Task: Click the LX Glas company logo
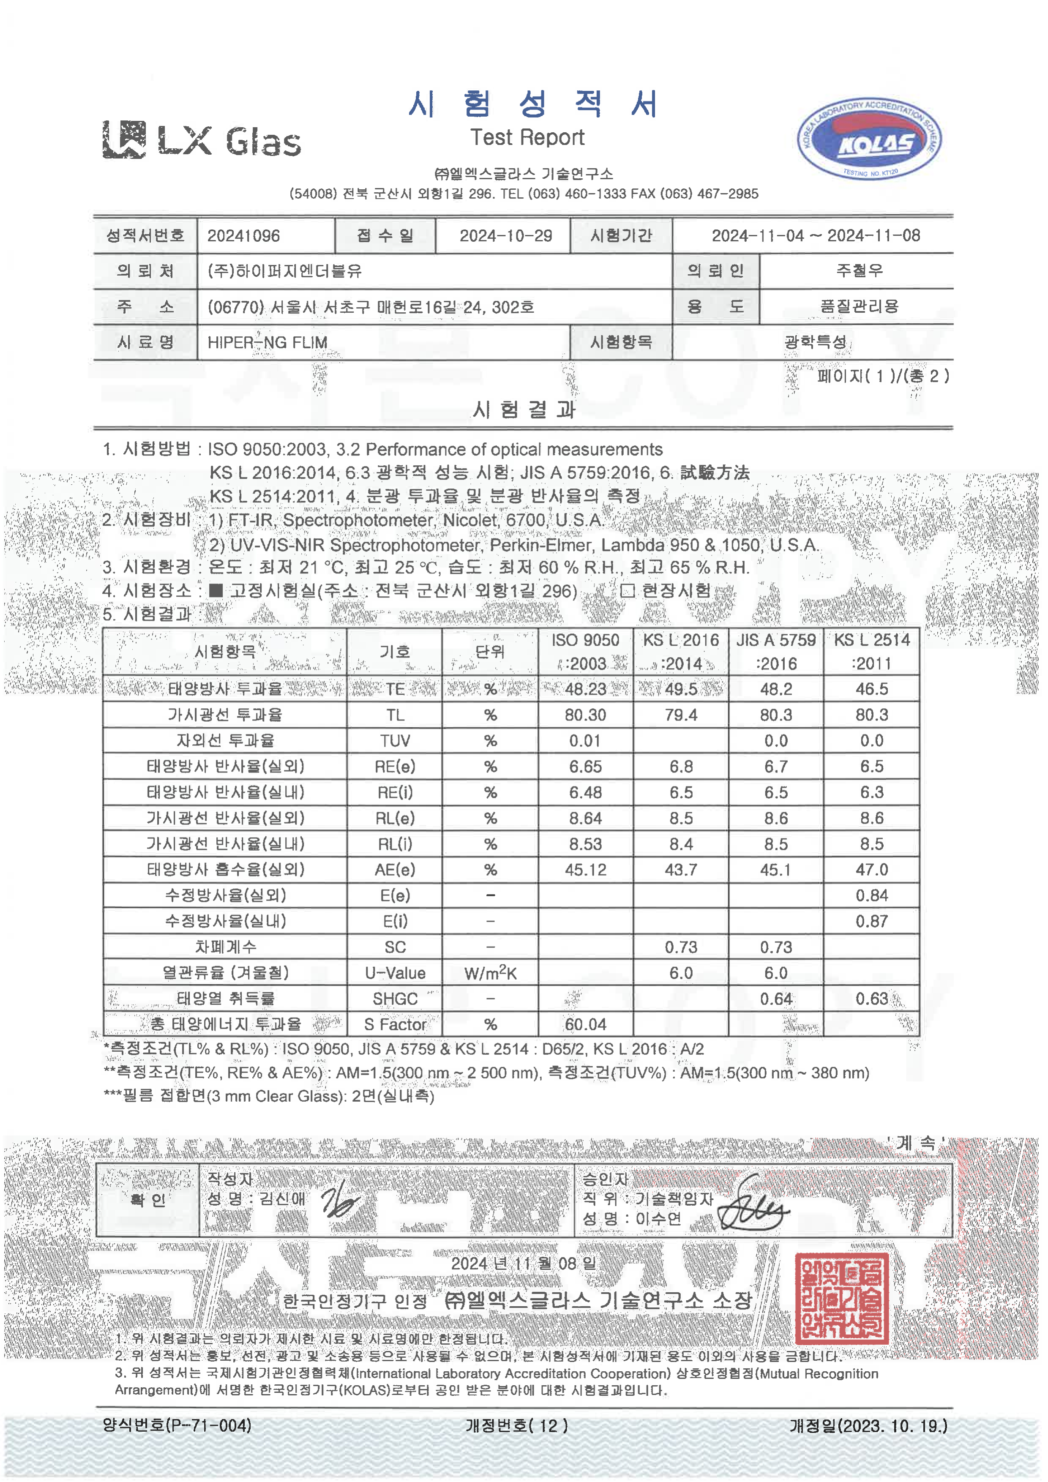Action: [x=201, y=139]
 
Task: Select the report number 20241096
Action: [x=243, y=236]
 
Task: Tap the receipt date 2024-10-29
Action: [x=505, y=236]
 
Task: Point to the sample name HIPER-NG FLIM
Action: [x=267, y=343]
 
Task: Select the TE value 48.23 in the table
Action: [x=585, y=689]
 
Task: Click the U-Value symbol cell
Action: [x=395, y=973]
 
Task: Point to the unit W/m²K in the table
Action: [x=491, y=973]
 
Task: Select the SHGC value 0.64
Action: [x=776, y=999]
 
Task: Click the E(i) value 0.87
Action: [x=871, y=922]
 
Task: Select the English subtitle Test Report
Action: [x=527, y=137]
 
